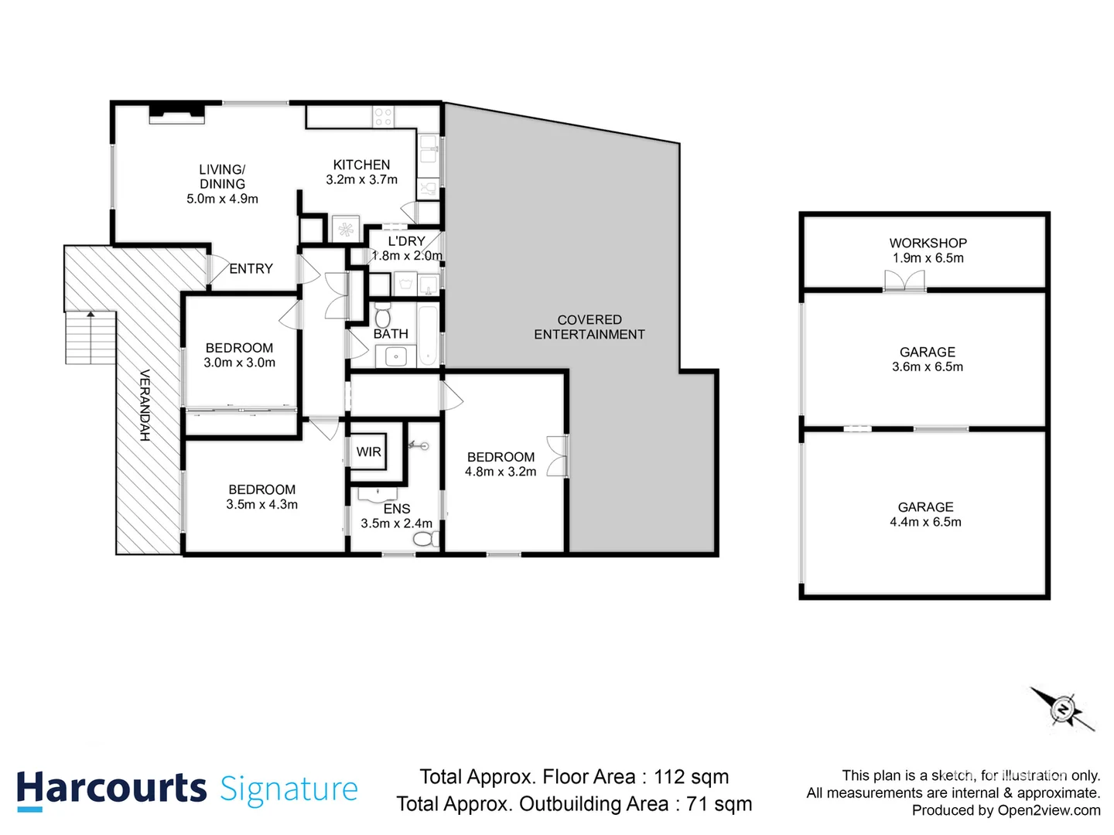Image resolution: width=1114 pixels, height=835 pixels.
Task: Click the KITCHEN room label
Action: pyautogui.click(x=361, y=165)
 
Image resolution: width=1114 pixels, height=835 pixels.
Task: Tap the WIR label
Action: pyautogui.click(x=368, y=452)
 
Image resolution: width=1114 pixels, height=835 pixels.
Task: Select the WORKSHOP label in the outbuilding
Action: pyautogui.click(x=928, y=243)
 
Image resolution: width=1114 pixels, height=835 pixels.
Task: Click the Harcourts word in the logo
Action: pyautogui.click(x=111, y=789)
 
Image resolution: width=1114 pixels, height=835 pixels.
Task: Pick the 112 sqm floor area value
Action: pyautogui.click(x=691, y=776)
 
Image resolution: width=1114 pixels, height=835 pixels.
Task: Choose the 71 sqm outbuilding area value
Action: pyautogui.click(x=719, y=804)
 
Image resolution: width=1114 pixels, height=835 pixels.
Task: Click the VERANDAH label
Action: pyautogui.click(x=145, y=405)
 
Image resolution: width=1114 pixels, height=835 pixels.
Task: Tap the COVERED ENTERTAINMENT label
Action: pyautogui.click(x=589, y=327)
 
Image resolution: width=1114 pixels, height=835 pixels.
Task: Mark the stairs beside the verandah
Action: pyautogui.click(x=91, y=337)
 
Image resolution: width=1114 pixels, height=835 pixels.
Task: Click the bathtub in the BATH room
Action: pyautogui.click(x=428, y=336)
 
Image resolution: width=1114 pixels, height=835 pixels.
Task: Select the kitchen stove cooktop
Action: pyautogui.click(x=383, y=117)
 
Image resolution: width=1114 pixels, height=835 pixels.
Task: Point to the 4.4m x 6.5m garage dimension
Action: pyautogui.click(x=925, y=522)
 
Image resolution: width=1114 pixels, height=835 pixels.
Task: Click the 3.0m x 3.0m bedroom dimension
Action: pyautogui.click(x=239, y=363)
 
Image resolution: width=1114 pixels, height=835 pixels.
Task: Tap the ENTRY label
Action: pyautogui.click(x=251, y=269)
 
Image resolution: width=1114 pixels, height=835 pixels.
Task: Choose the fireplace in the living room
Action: pyautogui.click(x=177, y=113)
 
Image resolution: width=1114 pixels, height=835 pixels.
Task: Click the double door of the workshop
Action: pyautogui.click(x=904, y=281)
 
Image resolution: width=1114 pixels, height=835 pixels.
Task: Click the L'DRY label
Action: pyautogui.click(x=406, y=241)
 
